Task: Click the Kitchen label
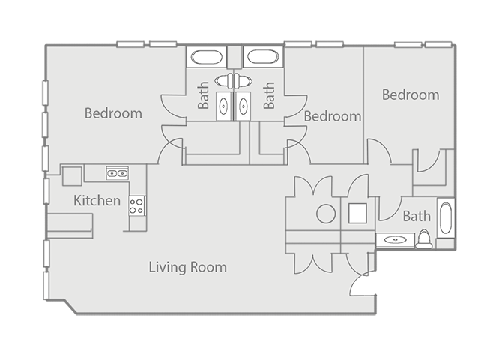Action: pos(97,201)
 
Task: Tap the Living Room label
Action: pos(187,267)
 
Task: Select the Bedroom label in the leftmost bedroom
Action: pos(113,114)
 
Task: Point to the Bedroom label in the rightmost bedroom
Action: pos(410,95)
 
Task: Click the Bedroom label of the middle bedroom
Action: pos(333,117)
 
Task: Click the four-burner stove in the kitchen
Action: pos(136,205)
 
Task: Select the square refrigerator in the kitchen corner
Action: pos(72,175)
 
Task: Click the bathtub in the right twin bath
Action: pos(262,57)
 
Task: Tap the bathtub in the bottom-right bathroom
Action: pos(445,222)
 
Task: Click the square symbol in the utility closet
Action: pos(357,214)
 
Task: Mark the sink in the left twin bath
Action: pos(223,106)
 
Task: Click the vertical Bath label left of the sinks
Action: pos(204,96)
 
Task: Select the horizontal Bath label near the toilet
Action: pos(417,217)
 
